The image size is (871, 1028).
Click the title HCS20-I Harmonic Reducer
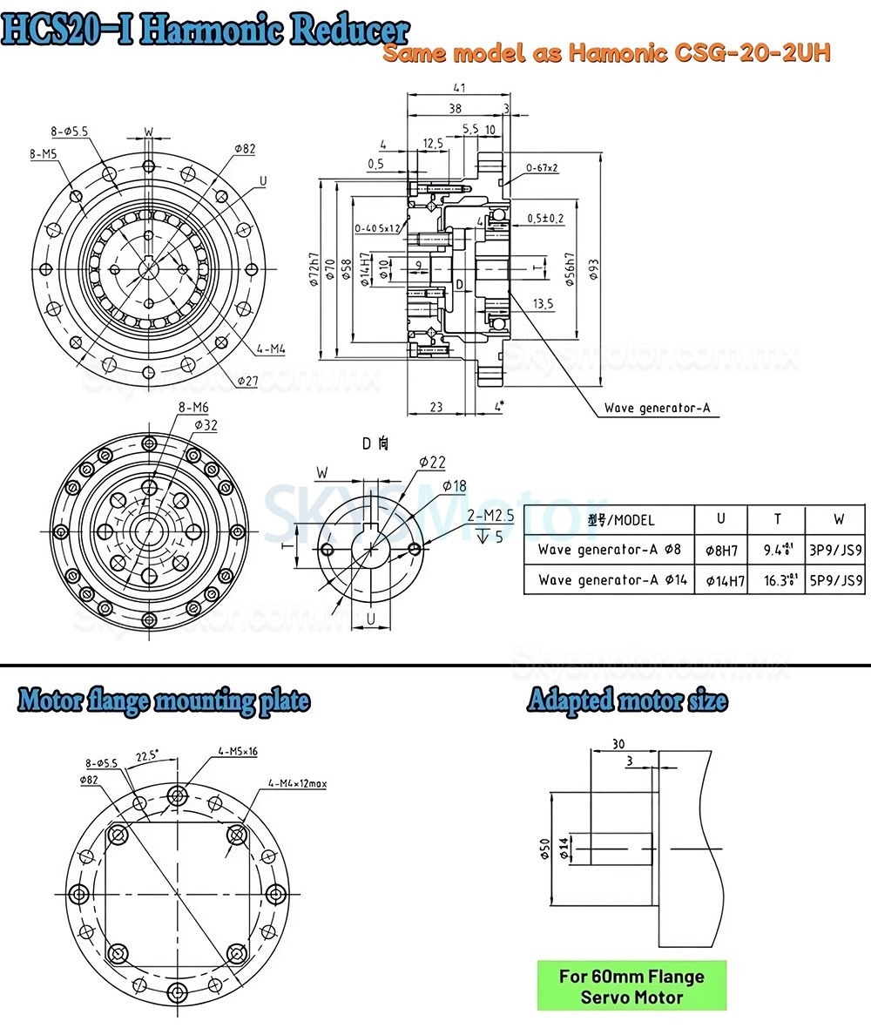coord(206,30)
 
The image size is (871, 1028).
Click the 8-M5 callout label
coord(44,154)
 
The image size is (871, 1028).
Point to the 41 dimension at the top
coord(458,88)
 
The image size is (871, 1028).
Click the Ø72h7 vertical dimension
coord(313,271)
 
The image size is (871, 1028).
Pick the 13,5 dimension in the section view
coord(544,303)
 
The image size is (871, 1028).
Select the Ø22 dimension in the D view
coord(432,461)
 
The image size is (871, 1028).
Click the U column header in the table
coord(720,518)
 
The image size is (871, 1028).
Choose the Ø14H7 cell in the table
coord(720,580)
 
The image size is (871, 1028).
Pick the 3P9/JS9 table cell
coord(836,550)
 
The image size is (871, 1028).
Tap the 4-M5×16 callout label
coord(237,751)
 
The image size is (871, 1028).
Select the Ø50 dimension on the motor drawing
coord(544,849)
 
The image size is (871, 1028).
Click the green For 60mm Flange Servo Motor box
coord(631,986)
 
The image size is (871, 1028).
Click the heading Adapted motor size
coord(627,700)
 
